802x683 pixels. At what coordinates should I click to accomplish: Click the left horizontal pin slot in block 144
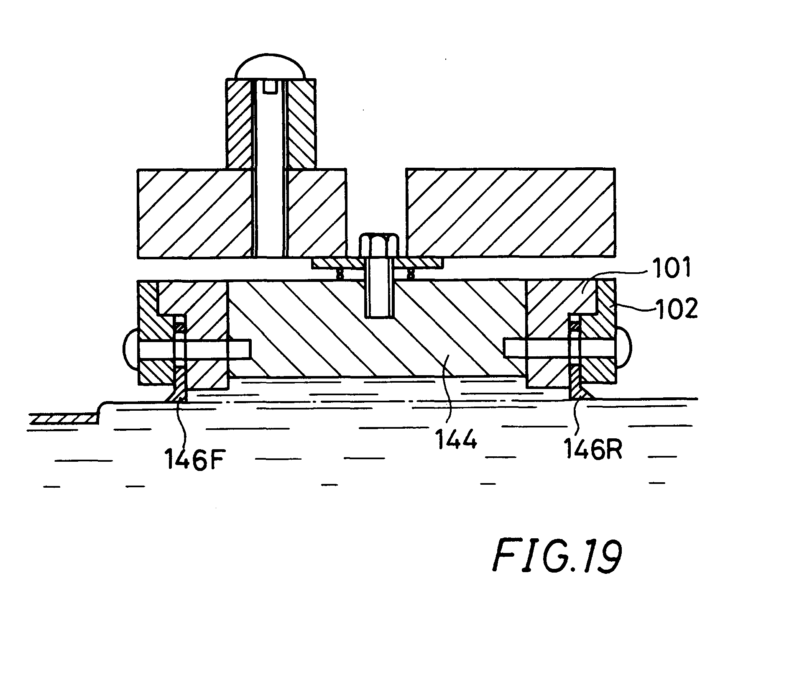195,349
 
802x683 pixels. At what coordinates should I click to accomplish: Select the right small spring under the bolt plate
411,274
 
